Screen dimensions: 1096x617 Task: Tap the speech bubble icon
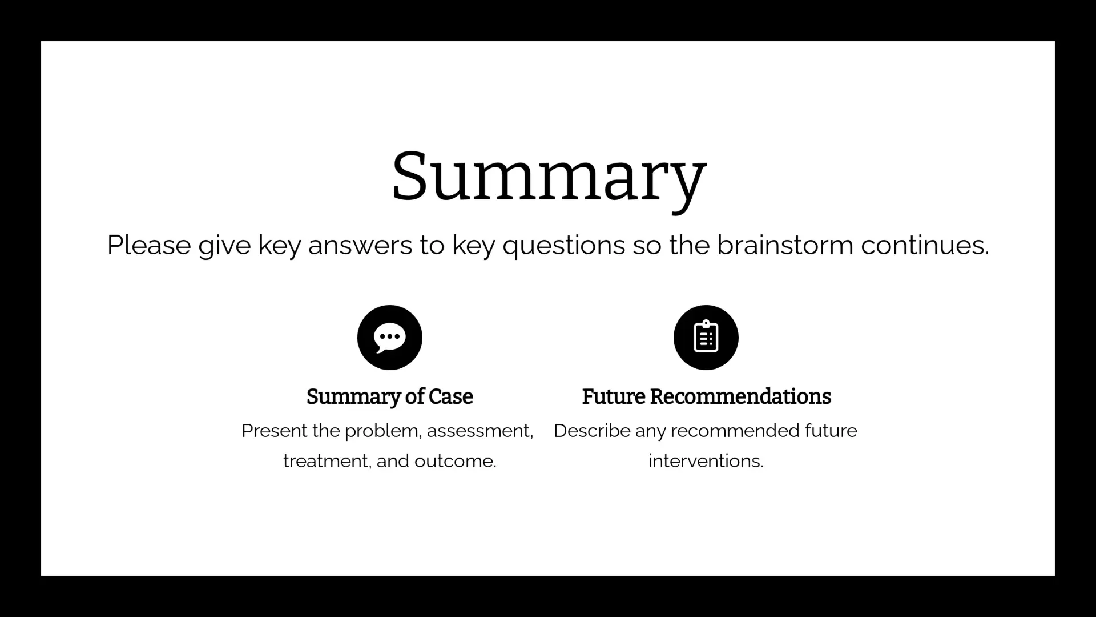pyautogui.click(x=390, y=338)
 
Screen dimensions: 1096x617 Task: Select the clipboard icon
pyautogui.click(x=706, y=338)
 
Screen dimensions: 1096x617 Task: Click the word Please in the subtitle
pyautogui.click(x=149, y=246)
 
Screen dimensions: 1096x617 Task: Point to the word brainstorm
pyautogui.click(x=785, y=245)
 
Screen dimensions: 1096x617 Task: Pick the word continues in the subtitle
pyautogui.click(x=925, y=245)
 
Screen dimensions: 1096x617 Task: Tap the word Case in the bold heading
pyautogui.click(x=451, y=396)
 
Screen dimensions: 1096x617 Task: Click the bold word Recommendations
pyautogui.click(x=740, y=396)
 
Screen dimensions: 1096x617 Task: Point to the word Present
pyautogui.click(x=275, y=431)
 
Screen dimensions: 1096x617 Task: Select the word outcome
pyautogui.click(x=456, y=462)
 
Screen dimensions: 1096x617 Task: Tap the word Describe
pyautogui.click(x=592, y=431)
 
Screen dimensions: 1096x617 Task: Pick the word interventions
pyautogui.click(x=706, y=461)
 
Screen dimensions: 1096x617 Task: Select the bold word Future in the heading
pyautogui.click(x=614, y=396)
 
